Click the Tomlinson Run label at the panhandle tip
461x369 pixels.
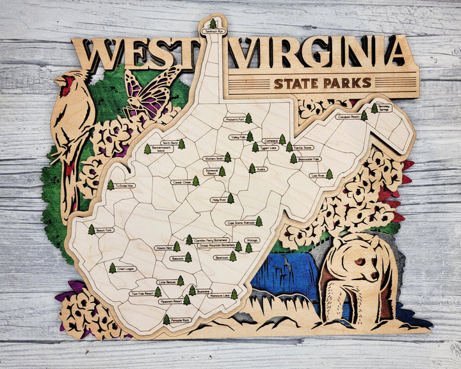tap(213, 31)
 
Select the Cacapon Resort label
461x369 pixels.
tap(348, 117)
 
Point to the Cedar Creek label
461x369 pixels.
tap(181, 182)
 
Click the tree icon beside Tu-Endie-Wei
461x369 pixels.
tap(110, 184)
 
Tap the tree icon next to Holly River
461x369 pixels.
tap(230, 199)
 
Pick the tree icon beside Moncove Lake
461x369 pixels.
tap(234, 294)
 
